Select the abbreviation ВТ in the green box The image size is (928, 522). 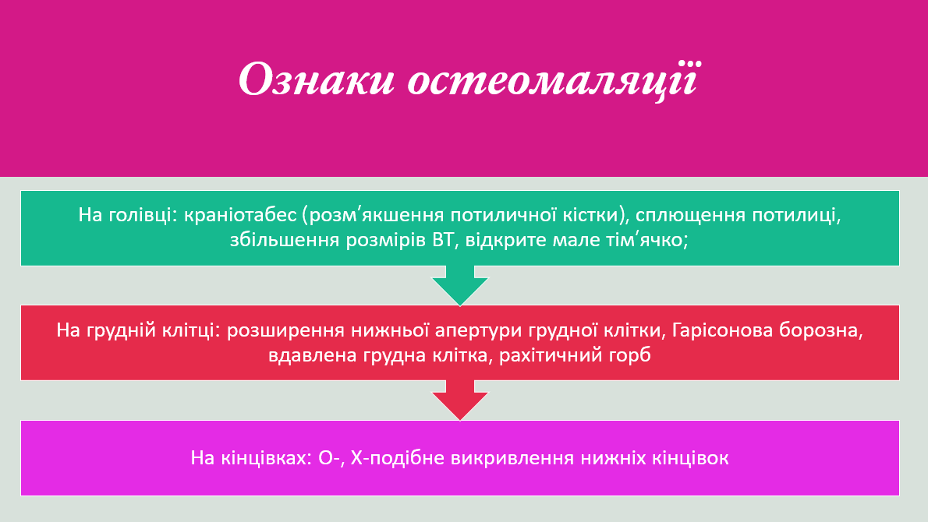tap(444, 240)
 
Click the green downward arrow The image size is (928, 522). tap(460, 285)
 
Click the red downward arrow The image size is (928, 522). tap(460, 400)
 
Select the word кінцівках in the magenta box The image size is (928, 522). tap(260, 457)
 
